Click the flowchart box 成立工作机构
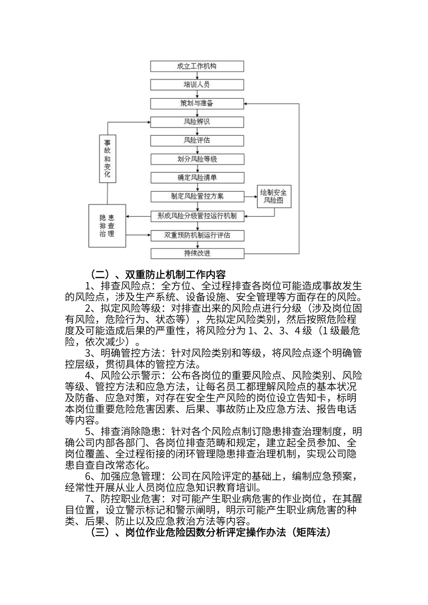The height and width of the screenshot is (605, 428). [197, 66]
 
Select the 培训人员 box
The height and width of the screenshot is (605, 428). [197, 85]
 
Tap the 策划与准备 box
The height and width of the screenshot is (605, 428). [197, 104]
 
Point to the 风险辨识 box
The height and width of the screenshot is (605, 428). [197, 122]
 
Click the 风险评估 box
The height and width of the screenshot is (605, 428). [197, 140]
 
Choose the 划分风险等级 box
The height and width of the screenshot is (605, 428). [197, 159]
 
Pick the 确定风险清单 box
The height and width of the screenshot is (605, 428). [197, 178]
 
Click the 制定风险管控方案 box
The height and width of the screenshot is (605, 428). [197, 197]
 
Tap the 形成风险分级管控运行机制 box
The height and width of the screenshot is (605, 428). [197, 216]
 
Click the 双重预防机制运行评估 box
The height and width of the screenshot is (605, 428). [197, 235]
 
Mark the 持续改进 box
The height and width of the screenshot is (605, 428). [197, 253]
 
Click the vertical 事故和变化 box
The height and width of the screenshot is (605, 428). [107, 159]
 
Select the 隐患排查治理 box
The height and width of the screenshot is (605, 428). [107, 226]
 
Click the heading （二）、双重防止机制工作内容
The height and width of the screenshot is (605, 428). [158, 274]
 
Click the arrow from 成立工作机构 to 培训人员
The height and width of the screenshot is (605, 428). [197, 76]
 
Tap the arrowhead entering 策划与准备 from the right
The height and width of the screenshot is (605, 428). [247, 104]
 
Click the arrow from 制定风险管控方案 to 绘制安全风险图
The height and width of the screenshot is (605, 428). [250, 197]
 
